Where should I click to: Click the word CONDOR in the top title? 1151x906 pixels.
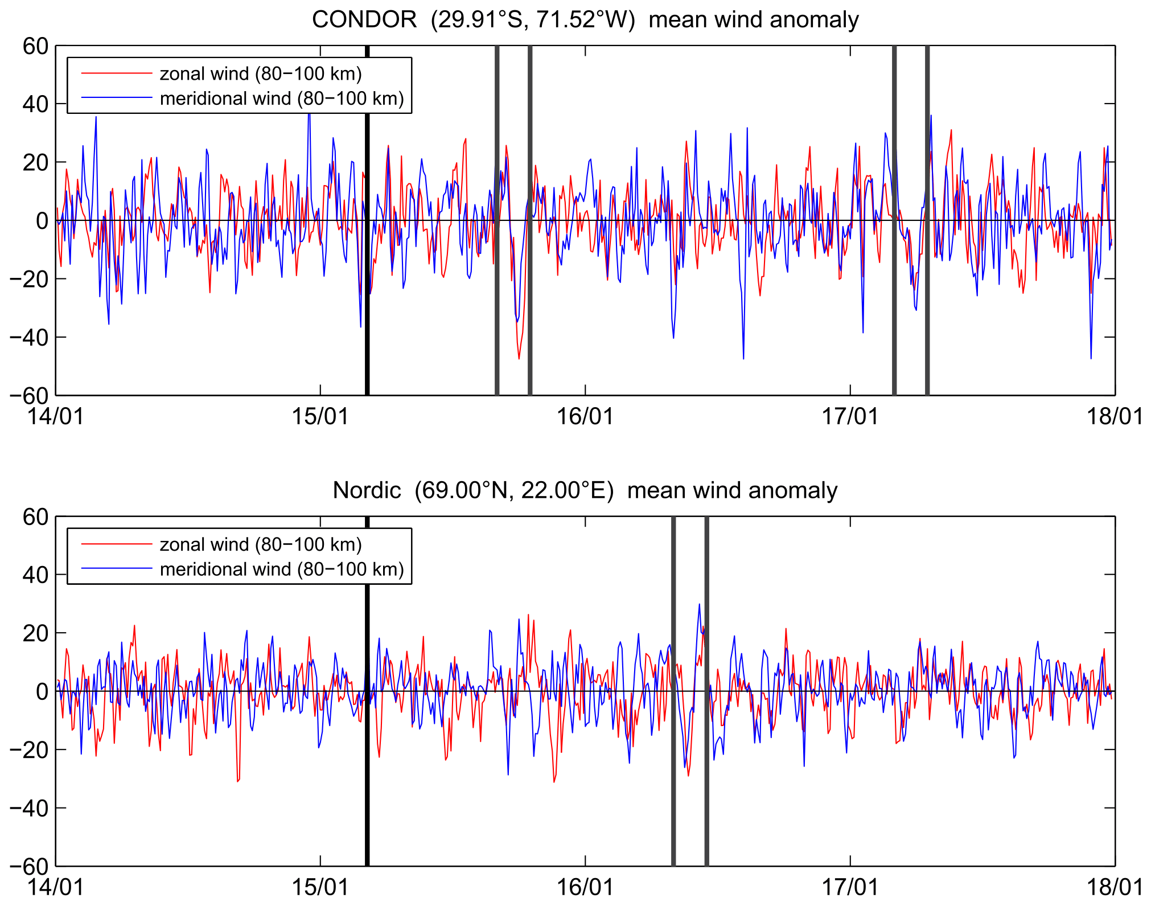(364, 20)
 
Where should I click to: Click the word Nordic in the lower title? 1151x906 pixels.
(367, 490)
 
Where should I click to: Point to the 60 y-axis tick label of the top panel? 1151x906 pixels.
(35, 47)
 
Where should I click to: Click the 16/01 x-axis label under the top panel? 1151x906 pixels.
(585, 417)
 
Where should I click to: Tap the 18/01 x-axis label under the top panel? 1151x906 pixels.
(1115, 417)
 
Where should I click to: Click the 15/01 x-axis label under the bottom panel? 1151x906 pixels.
(320, 887)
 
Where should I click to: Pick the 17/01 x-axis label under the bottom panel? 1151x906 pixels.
(850, 887)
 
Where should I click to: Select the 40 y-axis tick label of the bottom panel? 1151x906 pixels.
(35, 575)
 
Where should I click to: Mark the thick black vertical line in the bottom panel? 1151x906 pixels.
(367, 797)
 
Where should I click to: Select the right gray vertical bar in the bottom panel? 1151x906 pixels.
(706, 797)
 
